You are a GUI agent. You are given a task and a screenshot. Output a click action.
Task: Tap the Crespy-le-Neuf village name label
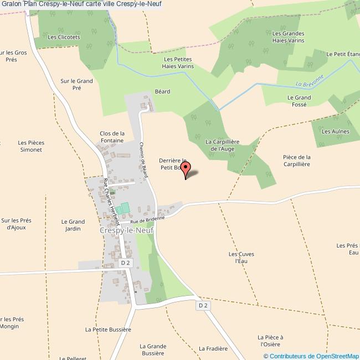click(x=127, y=230)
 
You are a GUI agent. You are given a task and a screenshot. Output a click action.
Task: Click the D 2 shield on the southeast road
click(x=203, y=305)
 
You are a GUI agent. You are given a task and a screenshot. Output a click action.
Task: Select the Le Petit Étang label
click(x=343, y=54)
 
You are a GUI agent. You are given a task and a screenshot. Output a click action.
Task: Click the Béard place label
click(x=162, y=91)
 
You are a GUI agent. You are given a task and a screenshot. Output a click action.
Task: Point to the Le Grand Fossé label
click(x=299, y=101)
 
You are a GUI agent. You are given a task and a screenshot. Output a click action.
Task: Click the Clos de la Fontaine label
click(x=112, y=137)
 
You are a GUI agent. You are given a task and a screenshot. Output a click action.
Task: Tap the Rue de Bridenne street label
click(x=148, y=220)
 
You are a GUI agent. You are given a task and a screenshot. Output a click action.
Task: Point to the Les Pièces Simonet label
click(x=31, y=146)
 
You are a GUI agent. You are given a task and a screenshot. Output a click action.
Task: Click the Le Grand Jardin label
click(x=72, y=225)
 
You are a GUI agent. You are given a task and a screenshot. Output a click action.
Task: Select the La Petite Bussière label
click(x=108, y=329)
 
